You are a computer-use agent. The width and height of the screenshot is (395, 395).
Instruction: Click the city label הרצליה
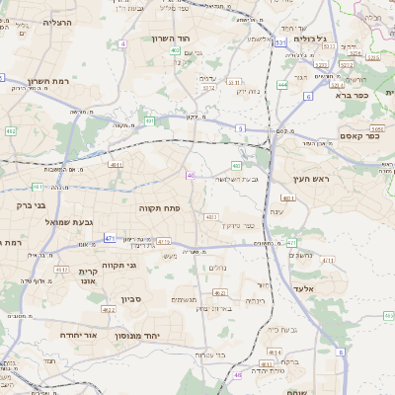[44, 22]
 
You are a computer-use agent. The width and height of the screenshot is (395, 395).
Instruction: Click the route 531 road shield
[280, 43]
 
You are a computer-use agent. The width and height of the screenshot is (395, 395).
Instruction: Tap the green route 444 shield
[282, 85]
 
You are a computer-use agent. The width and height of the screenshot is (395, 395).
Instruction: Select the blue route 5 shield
[240, 128]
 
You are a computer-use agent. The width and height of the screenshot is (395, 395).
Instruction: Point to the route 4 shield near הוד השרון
[122, 44]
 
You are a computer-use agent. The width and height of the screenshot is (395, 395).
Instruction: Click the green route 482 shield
[10, 130]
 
